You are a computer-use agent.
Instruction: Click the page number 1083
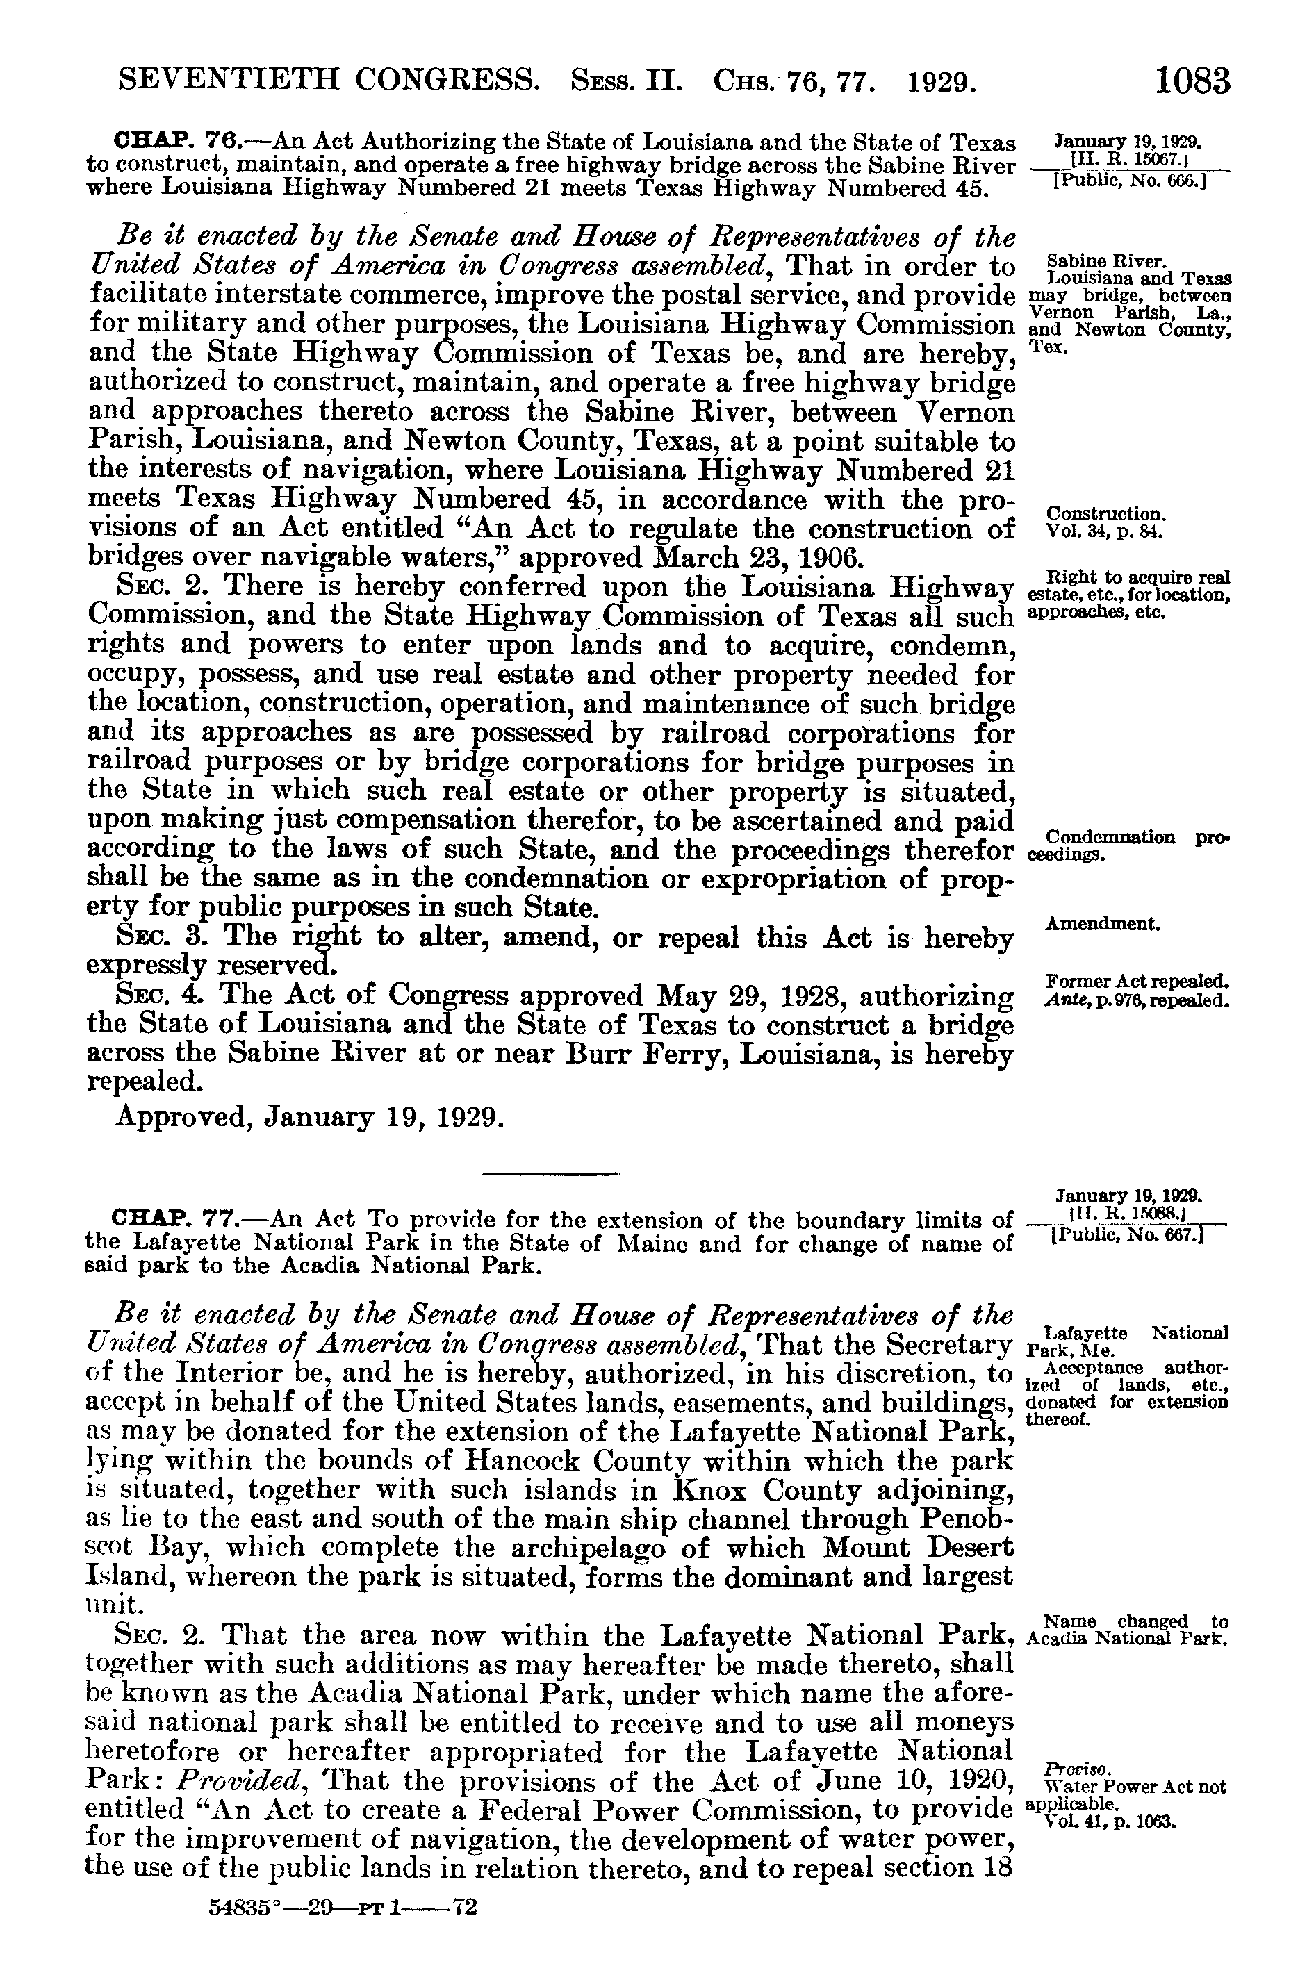[1192, 82]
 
